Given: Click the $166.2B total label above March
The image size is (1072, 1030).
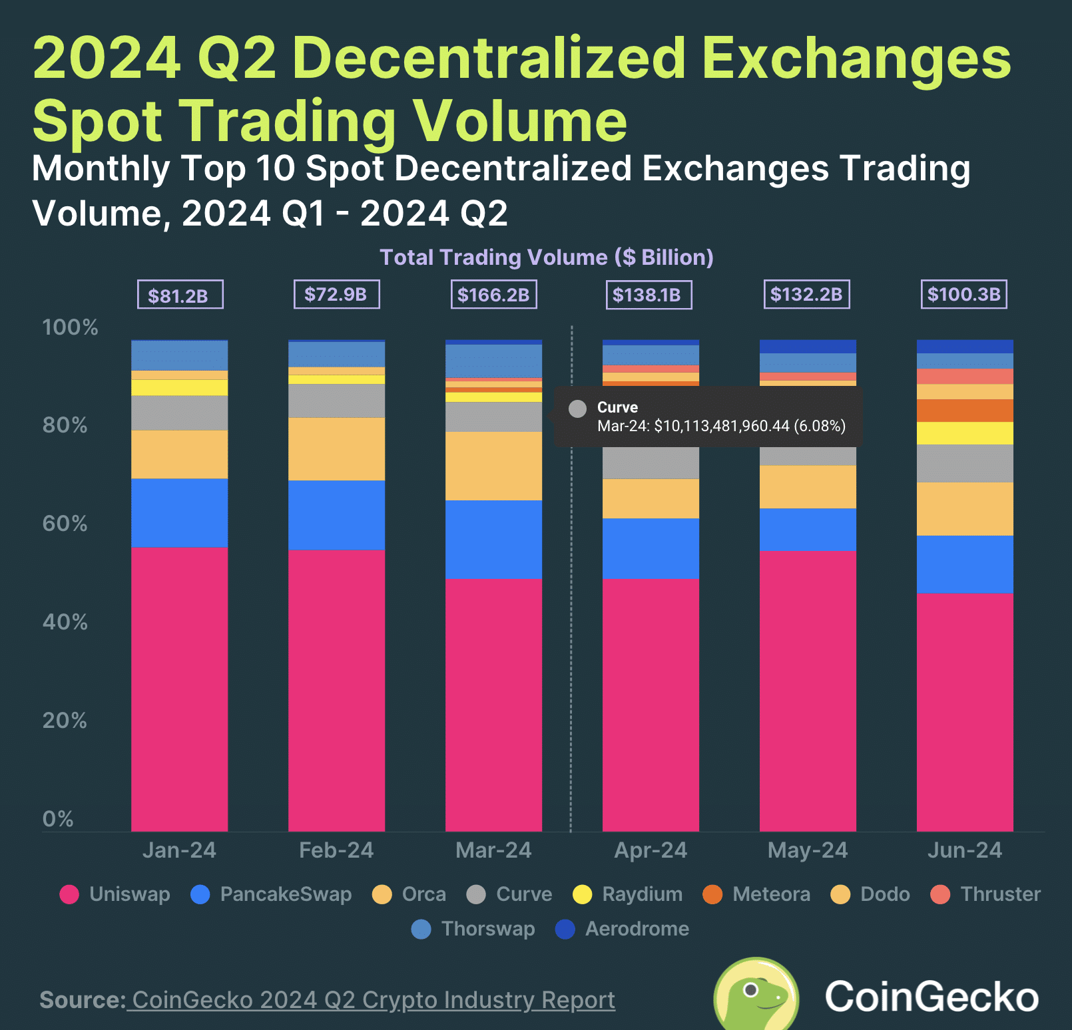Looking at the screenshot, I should point(493,295).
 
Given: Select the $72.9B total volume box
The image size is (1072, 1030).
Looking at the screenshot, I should point(336,294).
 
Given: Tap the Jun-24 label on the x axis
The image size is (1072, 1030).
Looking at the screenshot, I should point(964,850).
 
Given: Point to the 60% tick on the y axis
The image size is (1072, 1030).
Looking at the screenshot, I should point(65,524).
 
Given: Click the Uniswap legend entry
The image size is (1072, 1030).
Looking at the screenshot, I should point(115,894).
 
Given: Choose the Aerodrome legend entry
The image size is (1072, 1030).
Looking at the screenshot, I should point(623,928).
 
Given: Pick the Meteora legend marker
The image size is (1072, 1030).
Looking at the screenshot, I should point(713,894).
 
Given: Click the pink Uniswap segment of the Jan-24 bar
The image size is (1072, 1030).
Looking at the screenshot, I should point(179,689).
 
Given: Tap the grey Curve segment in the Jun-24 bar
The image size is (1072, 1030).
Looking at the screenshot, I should point(965,463).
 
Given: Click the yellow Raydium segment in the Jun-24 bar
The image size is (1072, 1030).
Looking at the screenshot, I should point(965,433).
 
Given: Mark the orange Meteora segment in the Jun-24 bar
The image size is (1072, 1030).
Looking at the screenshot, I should point(965,411).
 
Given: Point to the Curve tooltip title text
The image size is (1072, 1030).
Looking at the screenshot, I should point(617,407).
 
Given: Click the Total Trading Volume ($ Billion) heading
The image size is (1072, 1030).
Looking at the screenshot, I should point(546,257).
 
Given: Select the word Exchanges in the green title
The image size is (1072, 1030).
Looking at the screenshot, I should point(856,59).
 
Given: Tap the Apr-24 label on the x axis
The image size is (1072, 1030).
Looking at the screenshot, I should point(651,850).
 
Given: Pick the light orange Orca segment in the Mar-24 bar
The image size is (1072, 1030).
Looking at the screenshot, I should point(493,466).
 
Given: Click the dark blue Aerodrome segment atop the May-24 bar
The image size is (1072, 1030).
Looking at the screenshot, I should point(808,346).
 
